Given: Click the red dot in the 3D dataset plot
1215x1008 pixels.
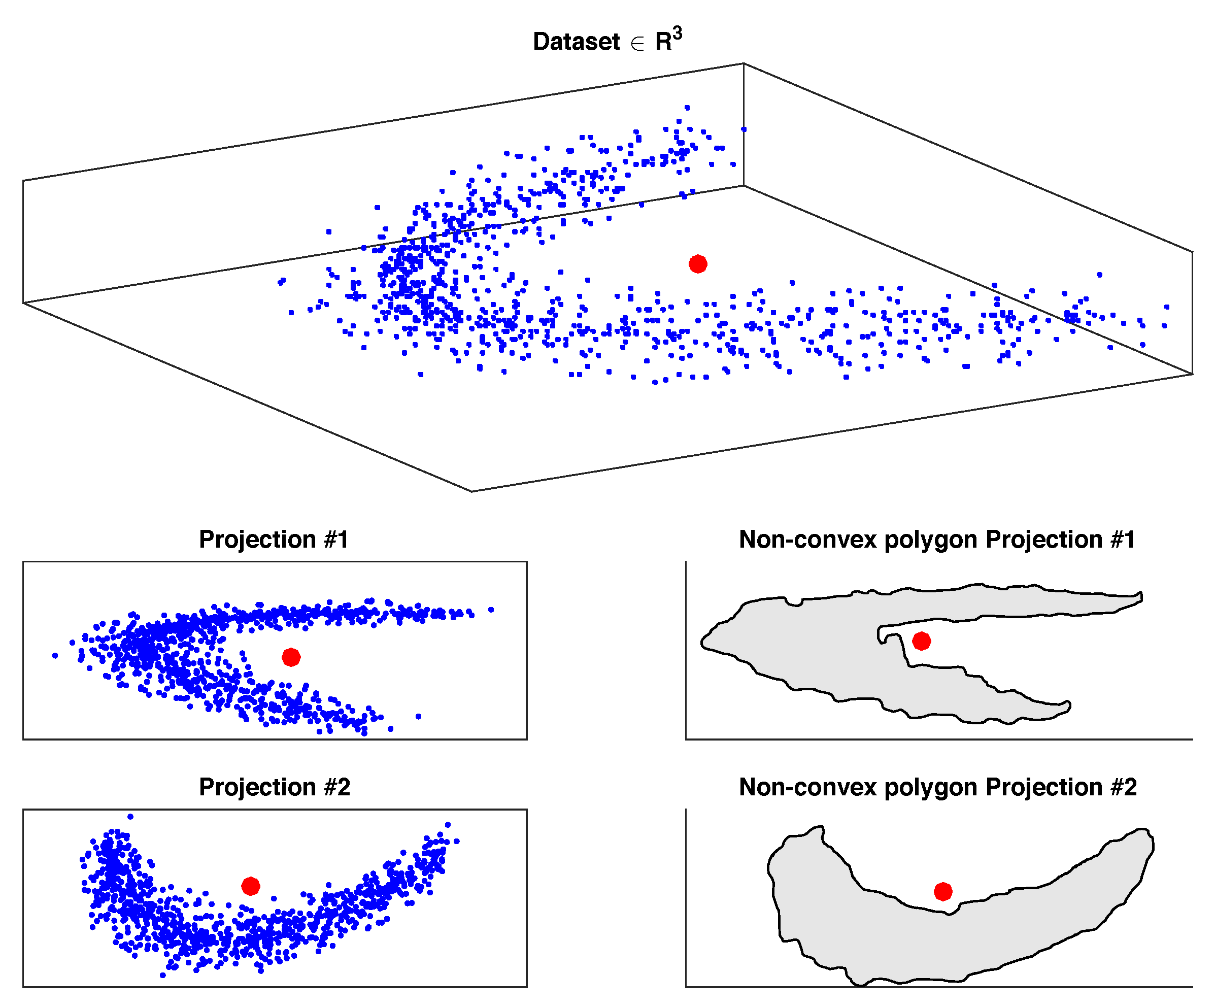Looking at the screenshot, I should click(698, 264).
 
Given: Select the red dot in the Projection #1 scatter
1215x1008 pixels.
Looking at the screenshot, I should click(291, 657).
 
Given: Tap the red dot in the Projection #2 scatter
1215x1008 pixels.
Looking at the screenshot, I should click(251, 886).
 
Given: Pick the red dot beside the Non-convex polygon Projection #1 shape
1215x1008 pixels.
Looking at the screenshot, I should click(922, 641).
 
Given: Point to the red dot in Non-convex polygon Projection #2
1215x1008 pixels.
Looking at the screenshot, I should click(943, 892).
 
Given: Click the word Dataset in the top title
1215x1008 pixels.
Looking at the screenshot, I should click(576, 42).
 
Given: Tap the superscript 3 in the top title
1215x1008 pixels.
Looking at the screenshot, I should click(678, 33).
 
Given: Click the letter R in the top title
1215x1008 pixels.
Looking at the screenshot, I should click(663, 42).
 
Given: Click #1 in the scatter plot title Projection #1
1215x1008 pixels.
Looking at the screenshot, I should click(335, 540).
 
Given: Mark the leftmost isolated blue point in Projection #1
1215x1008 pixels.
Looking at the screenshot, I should click(55, 656).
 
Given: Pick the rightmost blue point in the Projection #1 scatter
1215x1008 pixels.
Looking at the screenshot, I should click(491, 609).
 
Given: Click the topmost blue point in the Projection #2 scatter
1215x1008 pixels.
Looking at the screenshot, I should click(131, 817).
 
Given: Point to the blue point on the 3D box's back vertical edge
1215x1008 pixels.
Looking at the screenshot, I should click(744, 129).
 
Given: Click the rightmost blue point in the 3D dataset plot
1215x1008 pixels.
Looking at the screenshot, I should click(1167, 307).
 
